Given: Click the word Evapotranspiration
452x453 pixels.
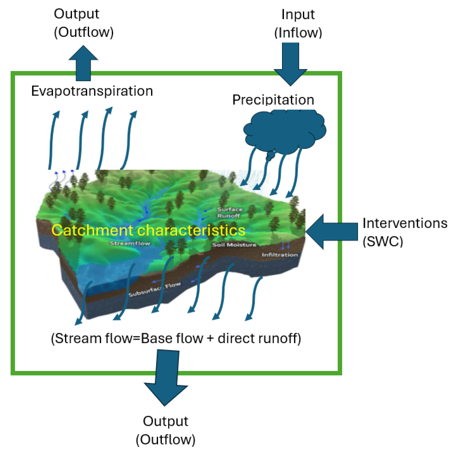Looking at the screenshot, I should point(92,91).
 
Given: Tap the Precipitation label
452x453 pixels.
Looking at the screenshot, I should point(273,100).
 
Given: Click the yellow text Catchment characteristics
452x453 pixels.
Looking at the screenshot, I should point(148,230).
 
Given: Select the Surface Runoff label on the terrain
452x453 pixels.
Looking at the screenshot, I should point(230,213).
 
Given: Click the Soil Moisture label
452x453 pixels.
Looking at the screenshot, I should point(234,245).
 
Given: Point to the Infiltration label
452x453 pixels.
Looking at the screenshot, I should point(280,255).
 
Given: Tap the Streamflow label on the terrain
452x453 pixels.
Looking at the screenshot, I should point(130,243).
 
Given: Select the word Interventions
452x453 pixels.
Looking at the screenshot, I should point(405,223).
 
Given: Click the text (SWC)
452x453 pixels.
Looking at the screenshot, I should point(383,241).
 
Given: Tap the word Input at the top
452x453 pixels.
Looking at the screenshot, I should point(298,14).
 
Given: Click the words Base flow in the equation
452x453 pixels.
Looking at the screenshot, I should point(172,338).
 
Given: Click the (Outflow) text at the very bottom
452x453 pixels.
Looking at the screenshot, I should point(166,439).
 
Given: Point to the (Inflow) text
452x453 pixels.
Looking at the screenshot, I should point(298,33).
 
